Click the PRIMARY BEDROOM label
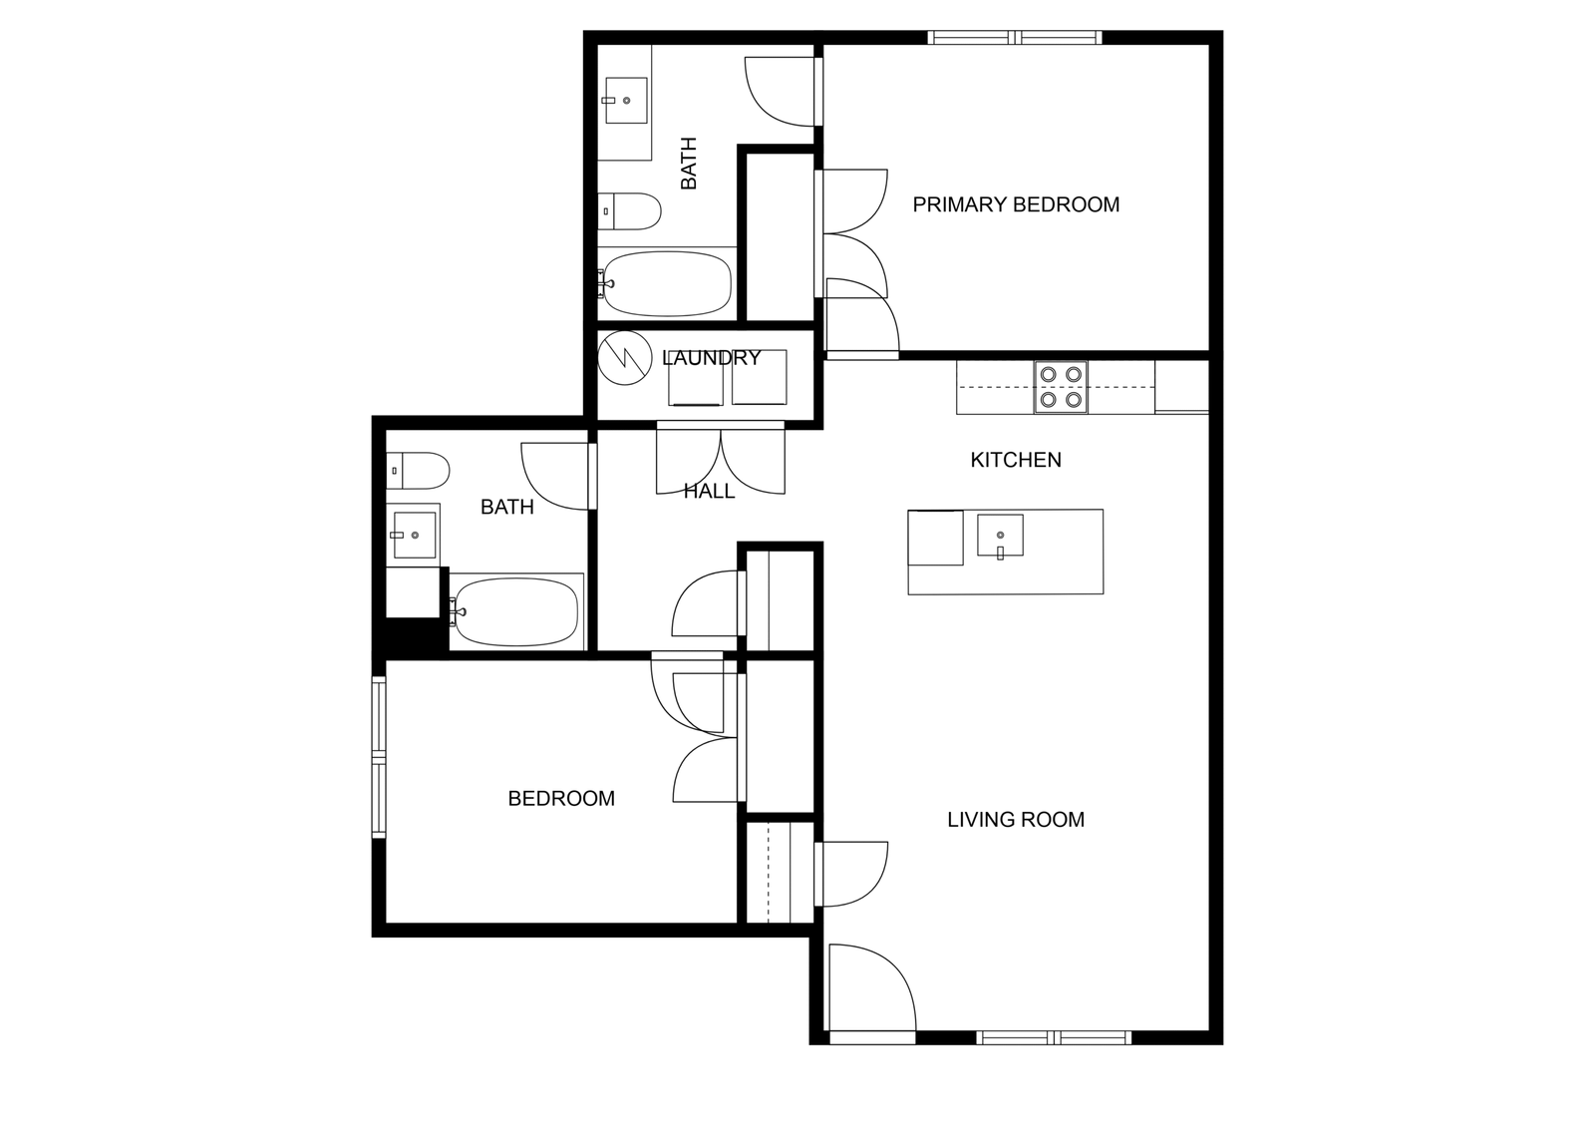pos(1016,205)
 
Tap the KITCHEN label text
pos(1016,460)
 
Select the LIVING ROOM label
pos(1016,820)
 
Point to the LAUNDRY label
pos(712,358)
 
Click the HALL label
pos(709,491)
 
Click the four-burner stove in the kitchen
pos(1061,387)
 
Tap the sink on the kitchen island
pos(1000,536)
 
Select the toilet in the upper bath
pos(629,211)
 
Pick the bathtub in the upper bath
pos(667,283)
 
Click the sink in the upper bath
pos(626,101)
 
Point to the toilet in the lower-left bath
pos(418,471)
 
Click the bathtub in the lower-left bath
pos(515,611)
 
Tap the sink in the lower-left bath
pos(413,535)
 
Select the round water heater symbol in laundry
pos(624,358)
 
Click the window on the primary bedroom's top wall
pos(1015,37)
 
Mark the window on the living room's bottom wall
pos(1053,1037)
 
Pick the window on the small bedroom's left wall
pos(379,757)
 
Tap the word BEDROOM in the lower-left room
pos(561,799)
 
